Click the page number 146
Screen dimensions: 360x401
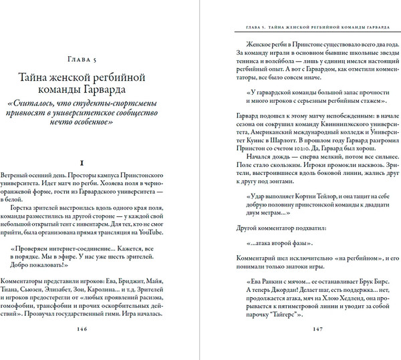click(100, 328)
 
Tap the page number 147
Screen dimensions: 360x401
click(311, 328)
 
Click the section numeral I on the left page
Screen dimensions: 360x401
click(100, 162)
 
